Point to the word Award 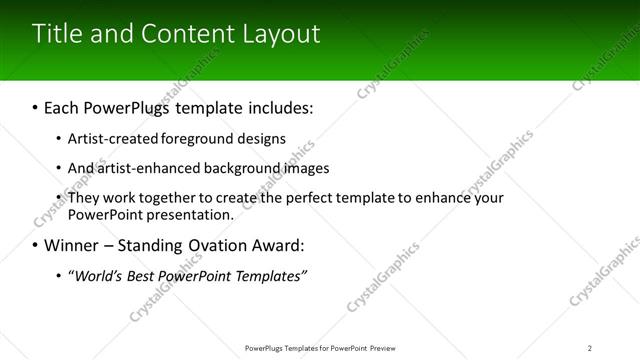pos(276,245)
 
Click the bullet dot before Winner pos(35,246)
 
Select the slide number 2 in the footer pos(590,347)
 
